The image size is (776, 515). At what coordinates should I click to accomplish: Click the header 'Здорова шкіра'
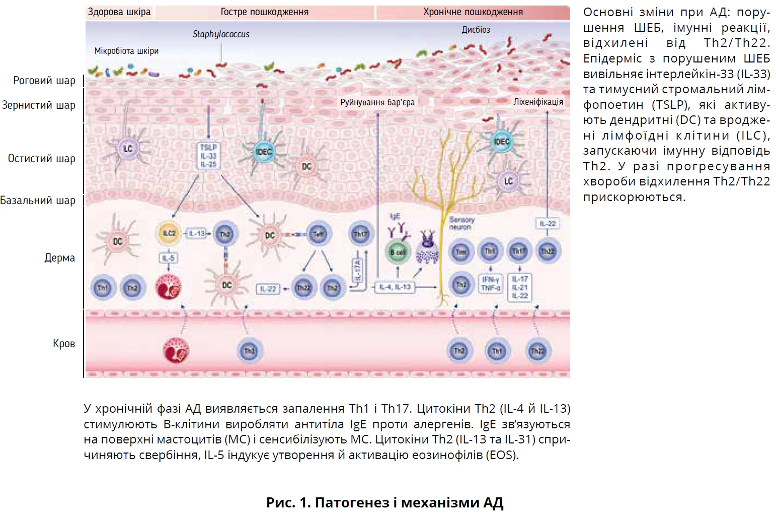coord(119,12)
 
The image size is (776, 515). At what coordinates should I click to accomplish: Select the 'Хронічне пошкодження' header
coord(473,12)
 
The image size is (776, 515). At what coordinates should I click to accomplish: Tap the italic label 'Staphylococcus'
coord(221,34)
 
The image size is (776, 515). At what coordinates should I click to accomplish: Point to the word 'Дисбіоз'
coord(476,30)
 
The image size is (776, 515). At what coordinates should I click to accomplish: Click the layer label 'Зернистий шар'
coord(39,105)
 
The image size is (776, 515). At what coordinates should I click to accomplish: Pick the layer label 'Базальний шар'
coord(38,201)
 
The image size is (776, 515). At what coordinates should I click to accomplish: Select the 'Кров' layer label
coord(64,344)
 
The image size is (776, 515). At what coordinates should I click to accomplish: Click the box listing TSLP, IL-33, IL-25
coord(208,156)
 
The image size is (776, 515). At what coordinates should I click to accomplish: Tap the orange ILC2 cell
coord(169,233)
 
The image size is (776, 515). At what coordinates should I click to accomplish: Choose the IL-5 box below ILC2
coord(168,259)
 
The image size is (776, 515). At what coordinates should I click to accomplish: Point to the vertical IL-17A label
coord(358,272)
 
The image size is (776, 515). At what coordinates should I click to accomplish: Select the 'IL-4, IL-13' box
coord(395,287)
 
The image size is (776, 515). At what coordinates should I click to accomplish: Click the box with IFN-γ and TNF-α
coord(490,284)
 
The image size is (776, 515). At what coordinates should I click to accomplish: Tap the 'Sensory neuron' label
coord(461,223)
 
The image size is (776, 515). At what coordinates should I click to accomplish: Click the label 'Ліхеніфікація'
coord(538,102)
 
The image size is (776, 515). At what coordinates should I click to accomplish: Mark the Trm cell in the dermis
coord(461,252)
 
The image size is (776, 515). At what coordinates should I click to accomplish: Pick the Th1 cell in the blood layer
coord(497,351)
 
